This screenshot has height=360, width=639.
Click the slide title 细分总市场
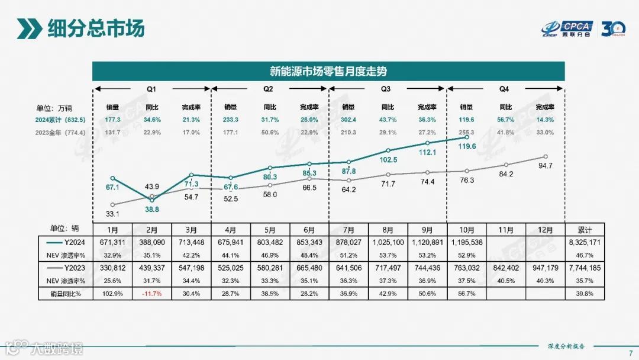(96, 28)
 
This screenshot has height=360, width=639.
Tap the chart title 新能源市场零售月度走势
(328, 72)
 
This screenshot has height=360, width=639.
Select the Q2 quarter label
(268, 89)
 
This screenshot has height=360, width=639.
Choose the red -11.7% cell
(152, 294)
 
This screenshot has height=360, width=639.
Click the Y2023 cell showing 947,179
(546, 268)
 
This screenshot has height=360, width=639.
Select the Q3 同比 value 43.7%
(388, 119)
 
